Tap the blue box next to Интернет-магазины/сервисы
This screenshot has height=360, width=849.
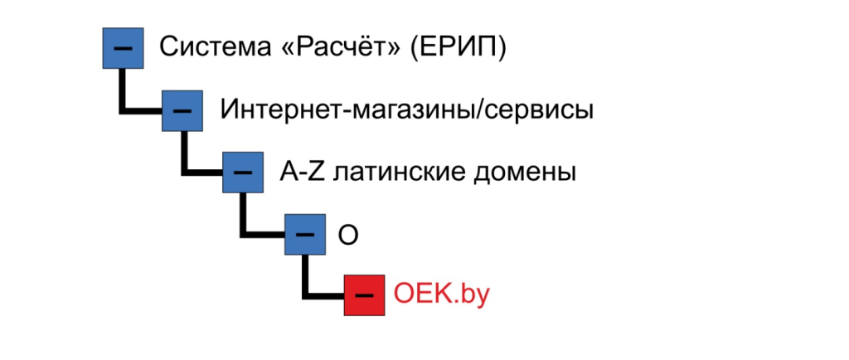point(182,109)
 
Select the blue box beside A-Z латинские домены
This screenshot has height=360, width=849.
point(243,172)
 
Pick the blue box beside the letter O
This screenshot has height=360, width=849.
point(304,234)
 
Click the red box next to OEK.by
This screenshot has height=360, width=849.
point(365,294)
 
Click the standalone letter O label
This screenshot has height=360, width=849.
point(349,234)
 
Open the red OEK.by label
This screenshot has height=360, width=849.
point(443,294)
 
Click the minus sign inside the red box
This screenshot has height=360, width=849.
point(365,295)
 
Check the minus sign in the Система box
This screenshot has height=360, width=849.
point(122,48)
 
